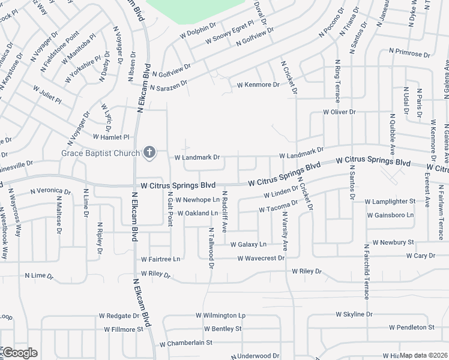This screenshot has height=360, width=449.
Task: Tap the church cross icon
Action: click(x=150, y=153)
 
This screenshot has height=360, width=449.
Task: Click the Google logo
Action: click(x=19, y=353)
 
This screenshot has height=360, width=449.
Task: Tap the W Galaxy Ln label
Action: click(x=249, y=244)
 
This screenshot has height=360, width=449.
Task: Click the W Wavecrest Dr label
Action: click(x=261, y=259)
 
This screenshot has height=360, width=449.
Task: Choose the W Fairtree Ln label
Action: click(x=160, y=259)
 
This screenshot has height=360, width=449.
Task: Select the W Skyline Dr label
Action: click(x=354, y=314)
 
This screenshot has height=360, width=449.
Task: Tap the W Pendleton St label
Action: click(x=411, y=328)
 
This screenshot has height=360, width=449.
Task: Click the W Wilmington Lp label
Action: click(x=220, y=315)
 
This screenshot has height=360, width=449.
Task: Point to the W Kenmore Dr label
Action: click(x=258, y=85)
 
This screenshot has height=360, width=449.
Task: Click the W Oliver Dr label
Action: click(x=339, y=112)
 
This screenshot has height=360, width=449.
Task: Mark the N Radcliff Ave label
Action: click(x=224, y=211)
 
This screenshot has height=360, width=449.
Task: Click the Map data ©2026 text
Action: click(x=424, y=355)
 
